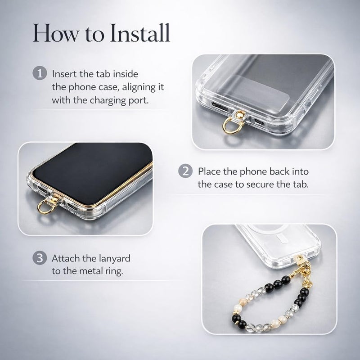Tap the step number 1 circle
40,73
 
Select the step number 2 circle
185,171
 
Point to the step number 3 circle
40,258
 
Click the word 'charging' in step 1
108,100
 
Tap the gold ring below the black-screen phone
46,207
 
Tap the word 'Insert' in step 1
64,74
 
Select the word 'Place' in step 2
209,171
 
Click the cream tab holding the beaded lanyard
300,260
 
